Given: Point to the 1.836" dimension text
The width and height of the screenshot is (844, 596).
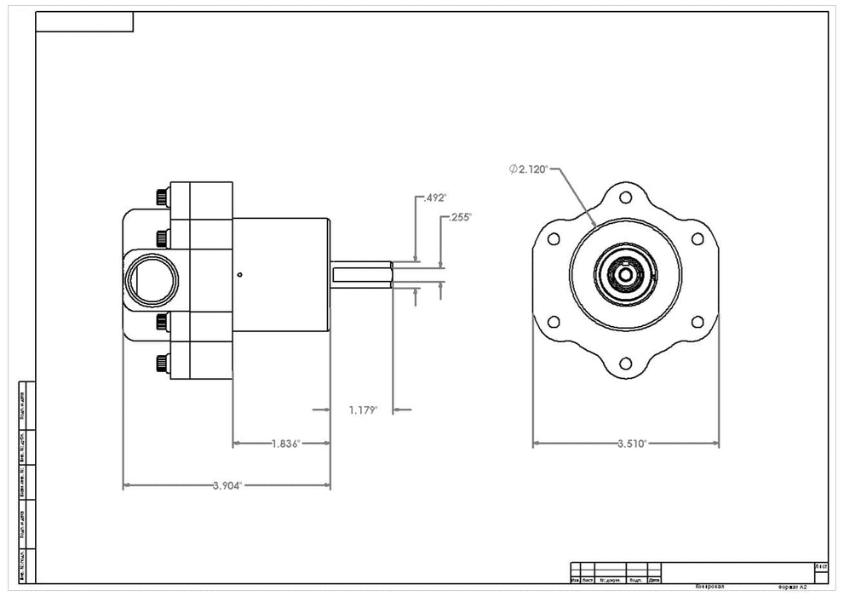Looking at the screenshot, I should click(x=287, y=444).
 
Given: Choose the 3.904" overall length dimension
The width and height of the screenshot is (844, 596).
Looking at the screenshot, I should click(x=227, y=485).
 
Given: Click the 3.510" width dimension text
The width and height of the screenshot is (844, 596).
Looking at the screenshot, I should click(x=631, y=444).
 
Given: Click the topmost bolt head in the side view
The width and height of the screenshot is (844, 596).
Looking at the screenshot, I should click(x=162, y=198).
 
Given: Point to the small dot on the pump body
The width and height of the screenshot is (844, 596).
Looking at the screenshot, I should click(x=241, y=274).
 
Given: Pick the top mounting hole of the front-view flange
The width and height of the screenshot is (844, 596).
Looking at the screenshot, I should click(x=626, y=198).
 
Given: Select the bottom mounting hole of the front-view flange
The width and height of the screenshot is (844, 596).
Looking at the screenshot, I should click(x=626, y=364).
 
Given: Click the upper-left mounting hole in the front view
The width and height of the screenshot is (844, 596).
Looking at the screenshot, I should click(x=554, y=239).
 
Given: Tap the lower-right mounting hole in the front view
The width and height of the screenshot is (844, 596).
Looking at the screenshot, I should click(x=698, y=322).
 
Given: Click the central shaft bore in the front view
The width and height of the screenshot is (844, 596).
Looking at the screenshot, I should click(x=626, y=274).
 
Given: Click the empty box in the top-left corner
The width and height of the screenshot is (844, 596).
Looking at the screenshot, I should click(x=84, y=22).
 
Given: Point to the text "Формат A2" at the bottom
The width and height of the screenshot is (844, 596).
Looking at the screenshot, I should click(x=792, y=587).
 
